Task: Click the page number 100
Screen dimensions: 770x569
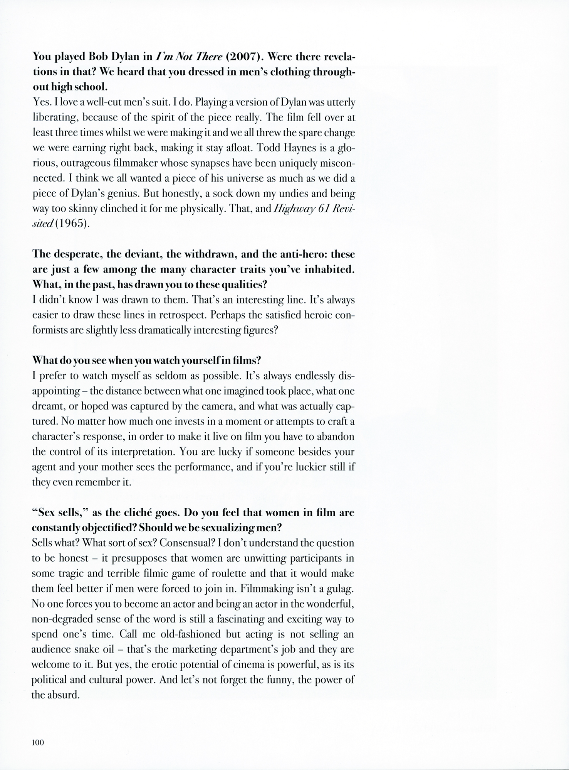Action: point(39,743)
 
